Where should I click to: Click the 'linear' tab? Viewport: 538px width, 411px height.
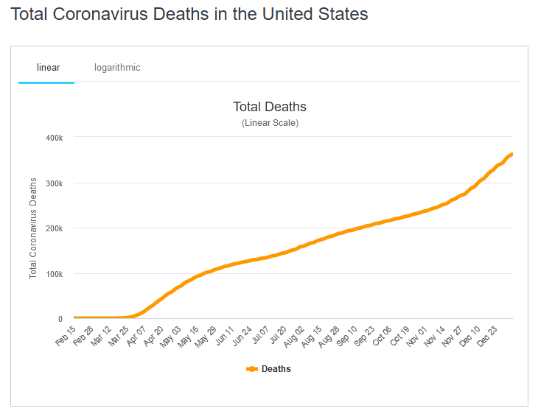48,68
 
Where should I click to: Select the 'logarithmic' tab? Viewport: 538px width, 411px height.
117,68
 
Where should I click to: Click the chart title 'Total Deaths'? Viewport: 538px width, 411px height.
269,108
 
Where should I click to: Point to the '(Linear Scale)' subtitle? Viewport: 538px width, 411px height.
270,123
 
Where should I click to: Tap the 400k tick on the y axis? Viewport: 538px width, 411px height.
56,138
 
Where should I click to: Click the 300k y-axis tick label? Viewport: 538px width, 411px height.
56,183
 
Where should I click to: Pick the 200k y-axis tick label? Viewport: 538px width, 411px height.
56,228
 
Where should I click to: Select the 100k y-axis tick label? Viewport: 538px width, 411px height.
56,274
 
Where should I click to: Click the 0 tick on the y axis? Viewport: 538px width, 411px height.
60,319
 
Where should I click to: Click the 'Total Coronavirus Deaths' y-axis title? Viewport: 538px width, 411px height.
33,228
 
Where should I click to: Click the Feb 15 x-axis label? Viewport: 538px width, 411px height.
66,337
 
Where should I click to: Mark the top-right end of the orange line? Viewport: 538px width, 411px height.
512,153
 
